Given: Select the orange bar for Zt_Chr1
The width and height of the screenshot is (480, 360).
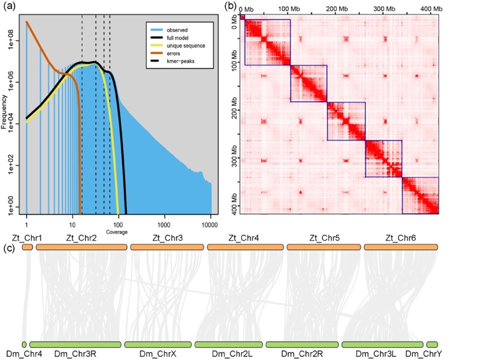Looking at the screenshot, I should pyautogui.click(x=27, y=247).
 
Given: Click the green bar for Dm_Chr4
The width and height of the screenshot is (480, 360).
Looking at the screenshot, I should pyautogui.click(x=24, y=344).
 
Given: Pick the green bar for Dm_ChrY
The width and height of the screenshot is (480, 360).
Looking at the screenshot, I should pyautogui.click(x=432, y=344).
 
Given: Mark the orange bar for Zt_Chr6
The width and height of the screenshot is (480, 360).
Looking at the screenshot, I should pyautogui.click(x=401, y=247).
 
